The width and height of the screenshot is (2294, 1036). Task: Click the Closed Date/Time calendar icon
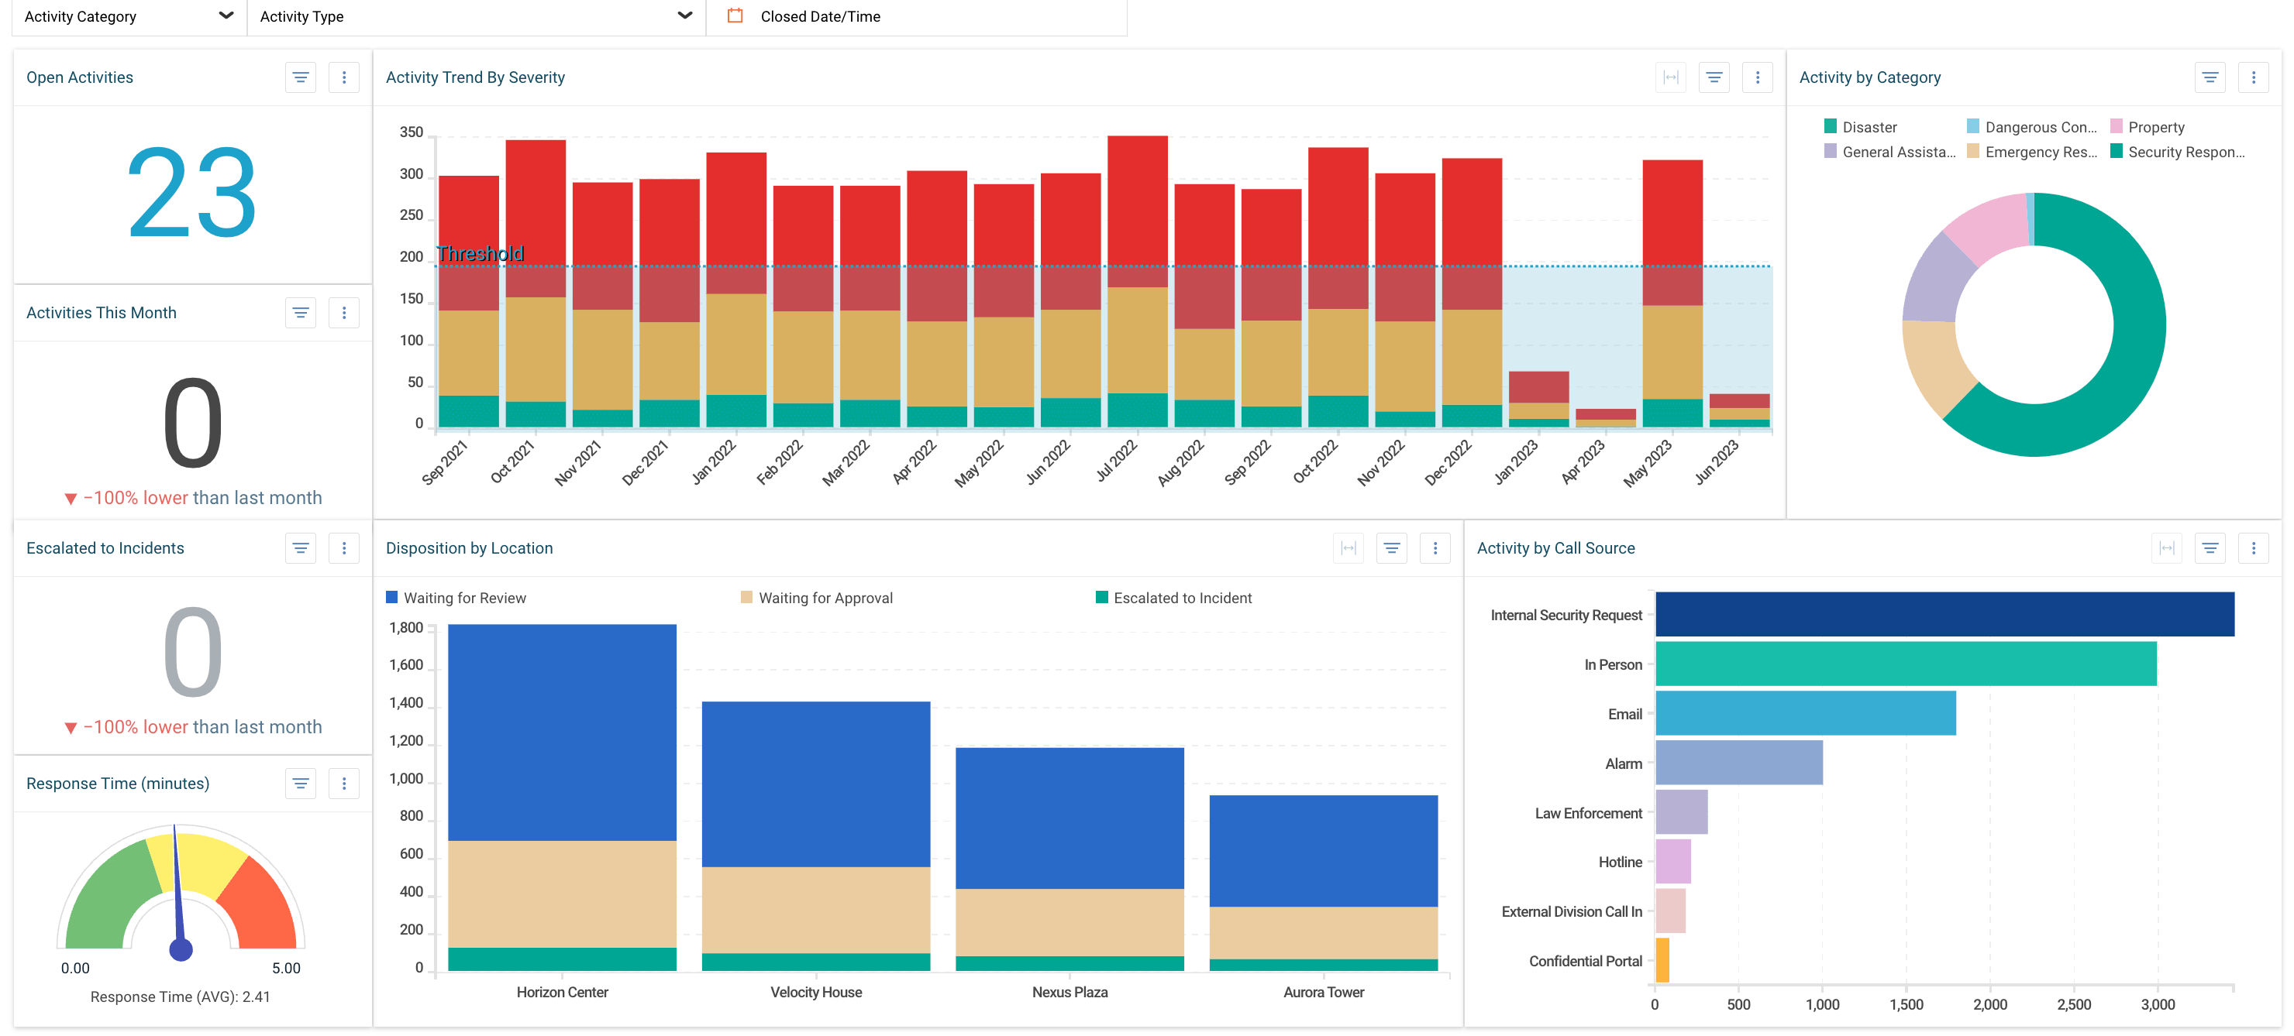(735, 16)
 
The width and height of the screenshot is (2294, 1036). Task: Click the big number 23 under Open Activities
(191, 193)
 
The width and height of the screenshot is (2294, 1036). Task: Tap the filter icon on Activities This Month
(301, 312)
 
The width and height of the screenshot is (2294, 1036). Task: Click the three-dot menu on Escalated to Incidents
(344, 548)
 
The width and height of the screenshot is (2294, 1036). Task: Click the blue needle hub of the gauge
(181, 949)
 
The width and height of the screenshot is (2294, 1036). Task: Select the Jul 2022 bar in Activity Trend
(1137, 267)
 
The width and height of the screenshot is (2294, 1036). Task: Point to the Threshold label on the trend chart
(480, 254)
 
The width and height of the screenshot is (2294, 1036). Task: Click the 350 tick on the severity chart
(412, 132)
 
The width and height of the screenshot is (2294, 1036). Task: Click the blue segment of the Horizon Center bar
(562, 730)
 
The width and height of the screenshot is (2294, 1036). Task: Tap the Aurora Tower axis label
(1324, 993)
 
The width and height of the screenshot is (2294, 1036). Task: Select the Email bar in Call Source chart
(1805, 713)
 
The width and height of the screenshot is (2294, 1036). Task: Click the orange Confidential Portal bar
(1662, 959)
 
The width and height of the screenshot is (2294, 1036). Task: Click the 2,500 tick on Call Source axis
(2073, 1005)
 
